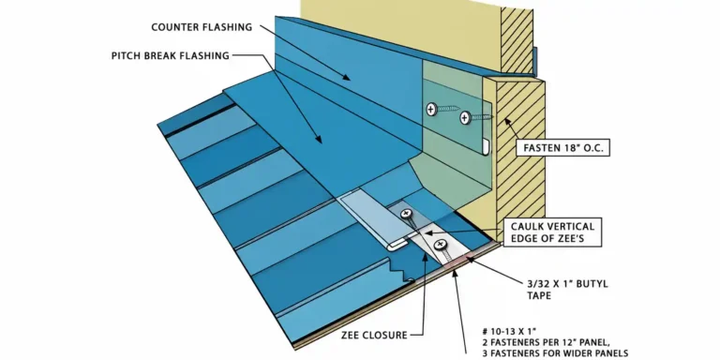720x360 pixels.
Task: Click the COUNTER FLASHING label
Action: point(202,27)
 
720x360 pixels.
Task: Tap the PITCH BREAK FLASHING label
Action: point(171,56)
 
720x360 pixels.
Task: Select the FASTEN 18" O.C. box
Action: point(562,148)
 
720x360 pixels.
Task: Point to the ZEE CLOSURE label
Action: point(374,336)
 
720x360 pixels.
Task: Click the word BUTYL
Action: point(591,284)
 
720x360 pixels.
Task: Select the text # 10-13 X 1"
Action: point(509,331)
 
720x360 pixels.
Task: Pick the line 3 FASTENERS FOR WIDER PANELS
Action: point(555,353)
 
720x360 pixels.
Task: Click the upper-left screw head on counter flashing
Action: point(431,109)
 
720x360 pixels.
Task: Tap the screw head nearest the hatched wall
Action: point(465,118)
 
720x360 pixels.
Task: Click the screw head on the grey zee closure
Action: point(405,214)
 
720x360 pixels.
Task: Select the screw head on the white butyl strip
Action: point(440,244)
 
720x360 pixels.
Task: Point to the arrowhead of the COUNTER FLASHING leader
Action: point(348,78)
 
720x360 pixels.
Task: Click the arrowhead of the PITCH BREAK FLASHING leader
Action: point(319,139)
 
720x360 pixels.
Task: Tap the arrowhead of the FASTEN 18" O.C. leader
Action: point(506,121)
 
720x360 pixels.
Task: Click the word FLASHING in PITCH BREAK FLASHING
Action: point(205,56)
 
